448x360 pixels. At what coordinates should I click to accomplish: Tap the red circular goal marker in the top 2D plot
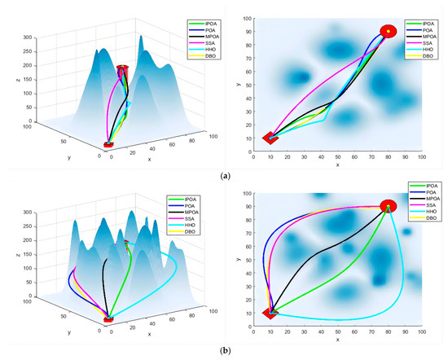tap(389, 32)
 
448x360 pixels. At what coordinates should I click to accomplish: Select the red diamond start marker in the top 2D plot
tap(270, 138)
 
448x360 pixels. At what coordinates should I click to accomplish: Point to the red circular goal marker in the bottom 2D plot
tap(389, 206)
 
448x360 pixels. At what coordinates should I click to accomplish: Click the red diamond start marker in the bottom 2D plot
tap(270, 313)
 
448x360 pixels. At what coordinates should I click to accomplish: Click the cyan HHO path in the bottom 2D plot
tap(342, 319)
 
